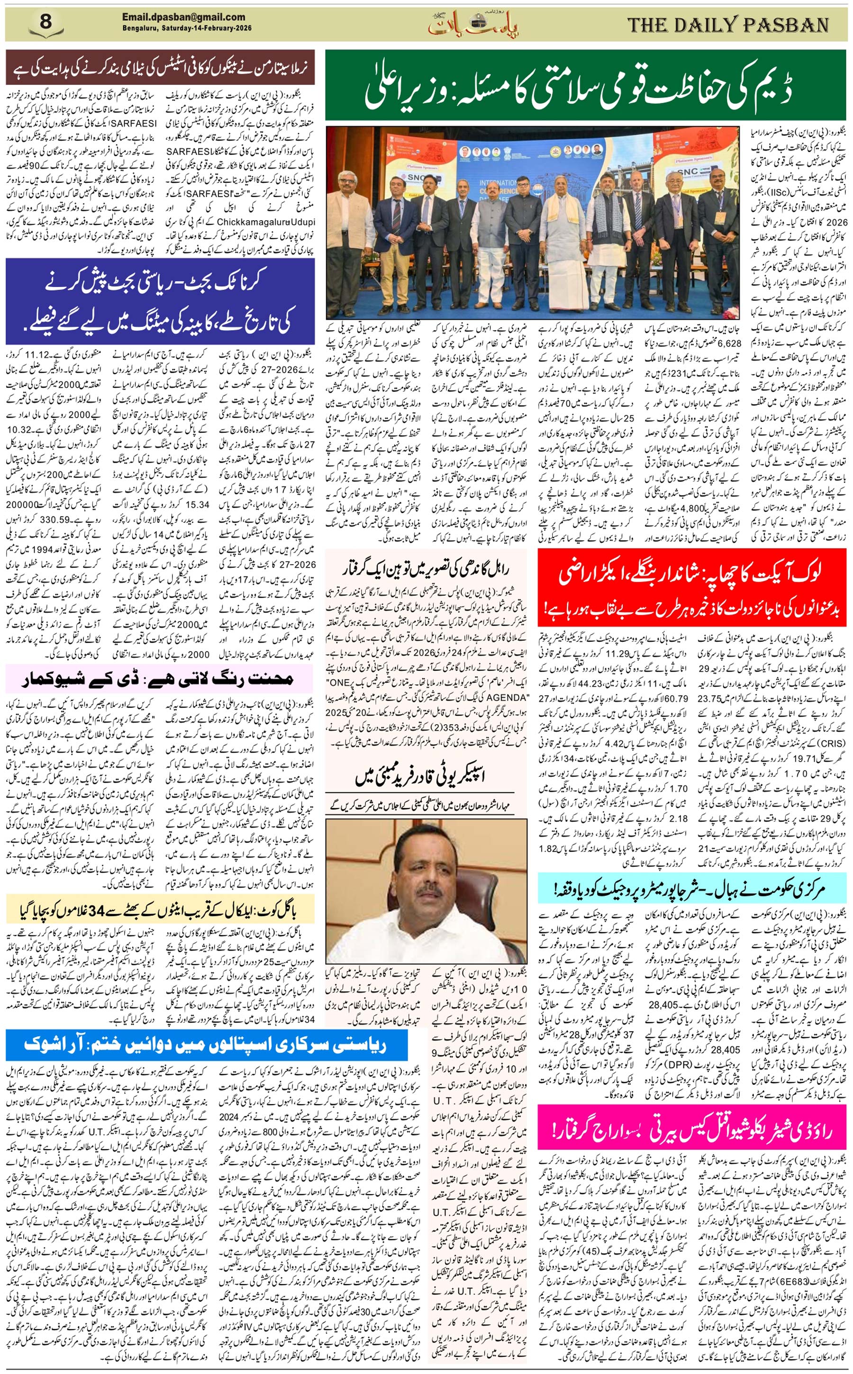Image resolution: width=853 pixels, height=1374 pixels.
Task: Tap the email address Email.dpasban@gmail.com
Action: click(x=183, y=18)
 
